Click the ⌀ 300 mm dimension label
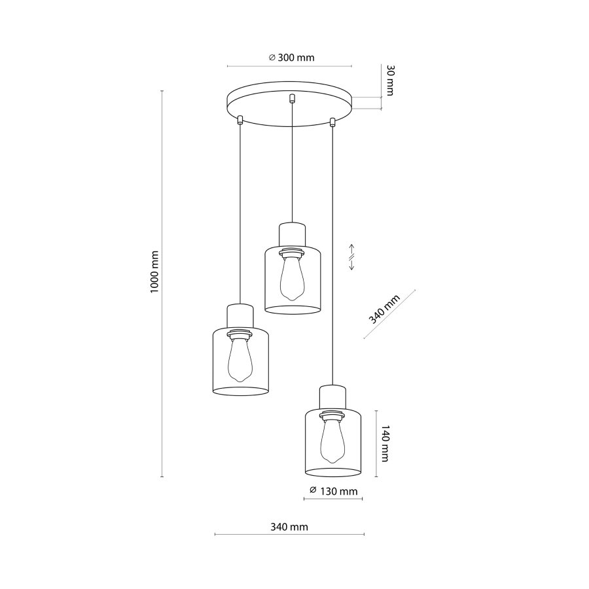click(292, 58)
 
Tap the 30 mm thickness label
click(389, 80)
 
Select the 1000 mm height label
click(154, 272)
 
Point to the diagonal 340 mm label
click(384, 309)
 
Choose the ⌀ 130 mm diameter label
click(334, 491)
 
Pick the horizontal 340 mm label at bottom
click(289, 527)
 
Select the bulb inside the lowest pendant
click(332, 440)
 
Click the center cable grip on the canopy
click(292, 99)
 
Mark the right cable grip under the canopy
click(332, 120)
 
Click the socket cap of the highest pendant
click(292, 232)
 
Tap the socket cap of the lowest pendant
click(332, 395)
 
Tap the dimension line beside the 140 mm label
click(375, 444)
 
